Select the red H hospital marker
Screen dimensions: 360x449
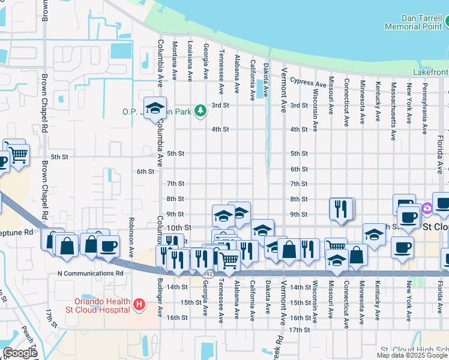139,305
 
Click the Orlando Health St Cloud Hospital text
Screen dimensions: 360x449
102,305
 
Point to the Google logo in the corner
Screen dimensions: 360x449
19,352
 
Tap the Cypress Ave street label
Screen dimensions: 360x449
308,82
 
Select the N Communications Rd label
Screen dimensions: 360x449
90,273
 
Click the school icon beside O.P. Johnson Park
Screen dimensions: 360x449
155,108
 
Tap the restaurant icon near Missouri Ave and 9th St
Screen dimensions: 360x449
340,209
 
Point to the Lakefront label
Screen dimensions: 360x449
430,72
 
